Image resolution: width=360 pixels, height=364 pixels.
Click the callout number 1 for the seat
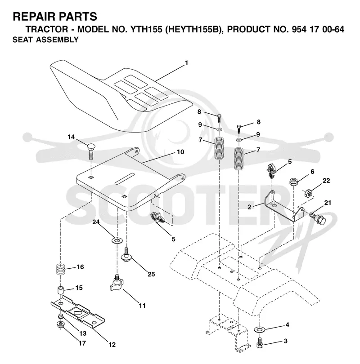(186, 63)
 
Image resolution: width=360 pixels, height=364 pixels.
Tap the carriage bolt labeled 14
(91, 151)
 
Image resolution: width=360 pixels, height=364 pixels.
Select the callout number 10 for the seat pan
(180, 152)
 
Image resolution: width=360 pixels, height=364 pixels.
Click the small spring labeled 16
(61, 269)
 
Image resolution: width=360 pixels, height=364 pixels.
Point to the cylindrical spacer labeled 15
(61, 291)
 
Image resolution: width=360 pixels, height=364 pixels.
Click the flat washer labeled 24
(117, 240)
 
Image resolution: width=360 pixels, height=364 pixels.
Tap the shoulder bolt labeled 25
(126, 255)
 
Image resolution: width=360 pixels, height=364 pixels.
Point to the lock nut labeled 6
(294, 181)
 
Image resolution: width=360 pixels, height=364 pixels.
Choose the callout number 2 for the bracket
(249, 207)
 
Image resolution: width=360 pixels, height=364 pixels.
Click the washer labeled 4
(260, 329)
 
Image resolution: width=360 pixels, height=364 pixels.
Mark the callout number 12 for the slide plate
(112, 345)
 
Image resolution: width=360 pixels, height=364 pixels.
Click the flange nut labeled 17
(61, 324)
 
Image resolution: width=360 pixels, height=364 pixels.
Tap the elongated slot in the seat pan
(125, 179)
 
